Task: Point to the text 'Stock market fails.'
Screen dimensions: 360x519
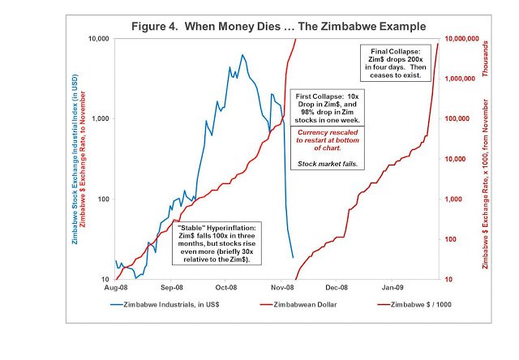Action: click(330, 165)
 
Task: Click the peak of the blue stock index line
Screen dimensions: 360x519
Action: click(242, 55)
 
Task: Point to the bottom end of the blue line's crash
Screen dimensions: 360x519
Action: click(293, 258)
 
